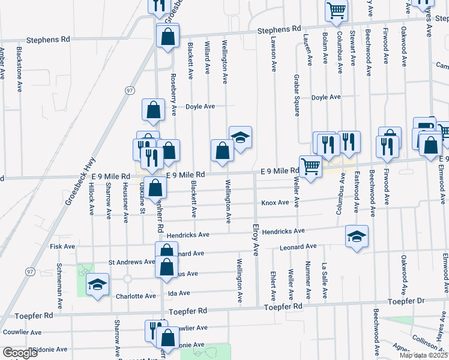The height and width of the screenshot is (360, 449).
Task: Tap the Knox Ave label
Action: (x=275, y=203)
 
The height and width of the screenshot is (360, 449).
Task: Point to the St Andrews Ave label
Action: (x=131, y=262)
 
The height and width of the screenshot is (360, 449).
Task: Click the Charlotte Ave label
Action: (x=136, y=296)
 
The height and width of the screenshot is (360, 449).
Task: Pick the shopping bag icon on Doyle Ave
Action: (x=153, y=109)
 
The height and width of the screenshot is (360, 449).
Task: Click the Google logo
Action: (x=20, y=353)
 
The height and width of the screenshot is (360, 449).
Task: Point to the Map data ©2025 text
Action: (x=423, y=355)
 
